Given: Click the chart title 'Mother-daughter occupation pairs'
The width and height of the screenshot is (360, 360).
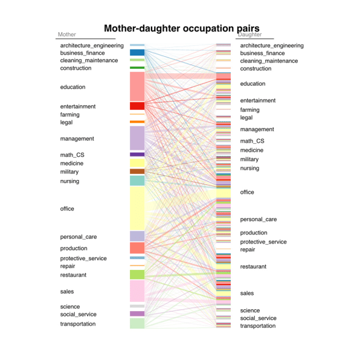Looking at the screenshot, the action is click(182, 28).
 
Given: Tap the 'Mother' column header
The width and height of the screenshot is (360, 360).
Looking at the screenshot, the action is click(67, 34).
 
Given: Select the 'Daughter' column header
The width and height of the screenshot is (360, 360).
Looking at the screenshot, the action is click(250, 34).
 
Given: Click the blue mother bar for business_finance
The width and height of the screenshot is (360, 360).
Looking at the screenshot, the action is click(137, 53).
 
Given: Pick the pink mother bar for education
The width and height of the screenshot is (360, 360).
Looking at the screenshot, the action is click(137, 86).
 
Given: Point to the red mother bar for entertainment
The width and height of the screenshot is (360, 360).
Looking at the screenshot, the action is click(137, 106).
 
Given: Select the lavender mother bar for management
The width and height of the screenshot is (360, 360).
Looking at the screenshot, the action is click(137, 138).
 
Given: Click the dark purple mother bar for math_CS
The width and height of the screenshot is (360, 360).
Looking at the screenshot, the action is click(137, 155).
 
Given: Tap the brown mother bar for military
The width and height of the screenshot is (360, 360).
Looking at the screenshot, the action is click(137, 172).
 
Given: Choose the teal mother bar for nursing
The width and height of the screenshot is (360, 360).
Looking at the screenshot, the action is click(137, 181).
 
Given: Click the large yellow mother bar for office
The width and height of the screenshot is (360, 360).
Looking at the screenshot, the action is click(137, 208).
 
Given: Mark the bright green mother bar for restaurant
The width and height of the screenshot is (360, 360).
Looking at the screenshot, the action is click(137, 275).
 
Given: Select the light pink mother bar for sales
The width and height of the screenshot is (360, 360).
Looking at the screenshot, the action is click(137, 291).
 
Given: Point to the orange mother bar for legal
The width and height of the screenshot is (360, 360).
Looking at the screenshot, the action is click(137, 121).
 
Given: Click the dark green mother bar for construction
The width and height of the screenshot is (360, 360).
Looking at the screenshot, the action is click(137, 68).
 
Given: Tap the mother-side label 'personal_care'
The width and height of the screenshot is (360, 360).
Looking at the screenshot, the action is click(79, 237).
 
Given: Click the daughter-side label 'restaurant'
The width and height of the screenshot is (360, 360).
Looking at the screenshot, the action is click(253, 266).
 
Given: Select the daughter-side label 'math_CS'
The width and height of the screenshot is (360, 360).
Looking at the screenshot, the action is click(252, 141).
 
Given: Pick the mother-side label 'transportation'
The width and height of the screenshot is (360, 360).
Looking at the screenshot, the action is click(78, 324).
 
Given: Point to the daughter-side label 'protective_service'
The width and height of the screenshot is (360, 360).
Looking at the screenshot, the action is click(263, 242).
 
